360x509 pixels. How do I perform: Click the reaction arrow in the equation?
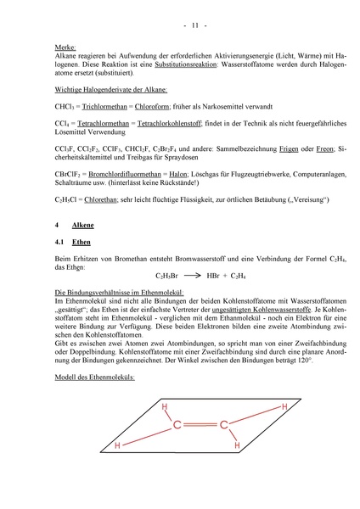point(194,276)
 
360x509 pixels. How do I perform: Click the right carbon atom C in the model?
point(223,424)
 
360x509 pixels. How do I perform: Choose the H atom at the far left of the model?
point(117,446)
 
